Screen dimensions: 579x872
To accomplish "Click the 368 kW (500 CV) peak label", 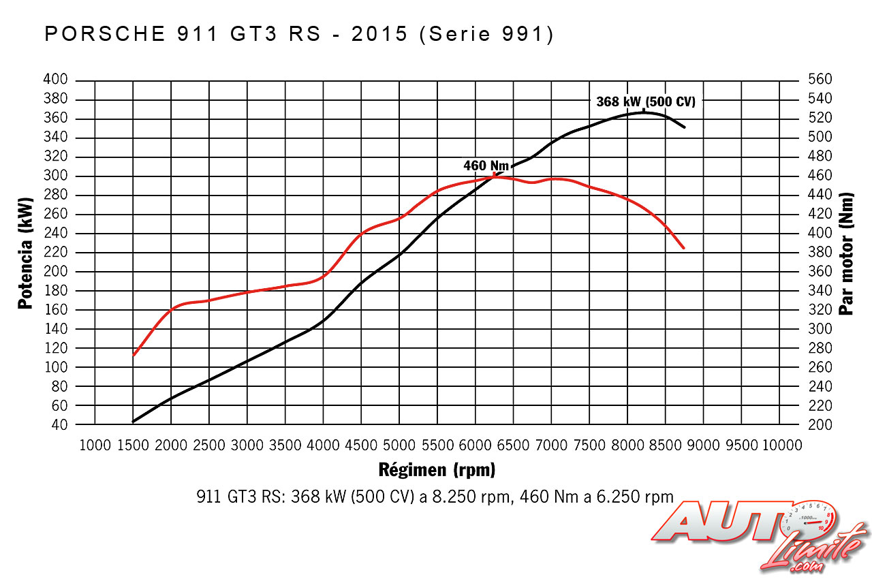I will (x=646, y=102).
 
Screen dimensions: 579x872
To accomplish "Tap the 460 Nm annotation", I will (x=486, y=166).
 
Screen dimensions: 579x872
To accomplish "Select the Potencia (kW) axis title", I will (x=26, y=253).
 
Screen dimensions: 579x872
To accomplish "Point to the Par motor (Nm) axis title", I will (x=847, y=253).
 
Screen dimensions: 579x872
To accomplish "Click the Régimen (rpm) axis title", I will (x=436, y=470).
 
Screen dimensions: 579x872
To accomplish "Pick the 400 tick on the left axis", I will (x=55, y=80).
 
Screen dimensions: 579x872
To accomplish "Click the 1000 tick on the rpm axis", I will (x=95, y=445).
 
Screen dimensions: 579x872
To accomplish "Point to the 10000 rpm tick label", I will (x=781, y=445).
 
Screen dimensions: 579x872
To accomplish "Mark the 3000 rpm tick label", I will (x=247, y=445).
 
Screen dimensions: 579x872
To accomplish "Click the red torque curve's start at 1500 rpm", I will (x=134, y=355).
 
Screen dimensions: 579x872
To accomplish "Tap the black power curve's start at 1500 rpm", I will (x=134, y=422).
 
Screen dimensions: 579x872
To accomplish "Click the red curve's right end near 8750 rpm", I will (x=683, y=248).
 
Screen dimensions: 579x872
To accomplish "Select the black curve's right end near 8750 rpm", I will (x=684, y=127).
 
